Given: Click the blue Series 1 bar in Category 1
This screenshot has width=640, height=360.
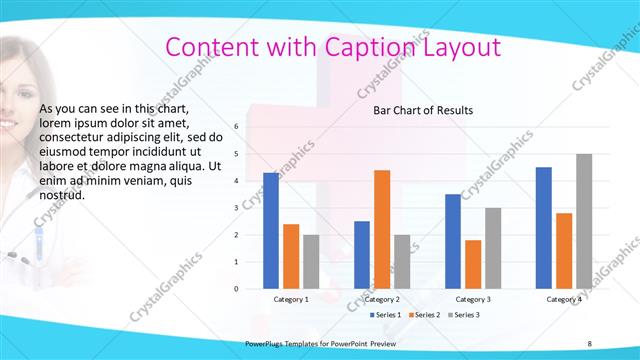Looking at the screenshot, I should pyautogui.click(x=271, y=230).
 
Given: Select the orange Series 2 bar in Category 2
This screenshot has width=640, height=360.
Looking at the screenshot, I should pyautogui.click(x=382, y=229).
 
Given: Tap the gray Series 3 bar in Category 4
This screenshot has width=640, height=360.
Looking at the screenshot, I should pyautogui.click(x=584, y=221).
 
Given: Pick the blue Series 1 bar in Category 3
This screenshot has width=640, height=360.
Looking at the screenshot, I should pyautogui.click(x=453, y=241).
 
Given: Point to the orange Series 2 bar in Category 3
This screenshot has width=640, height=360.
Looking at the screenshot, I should pyautogui.click(x=473, y=264).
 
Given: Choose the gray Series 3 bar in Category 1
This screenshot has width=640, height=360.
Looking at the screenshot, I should pyautogui.click(x=311, y=261).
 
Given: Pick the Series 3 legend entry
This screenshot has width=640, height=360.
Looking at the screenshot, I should pyautogui.click(x=466, y=315).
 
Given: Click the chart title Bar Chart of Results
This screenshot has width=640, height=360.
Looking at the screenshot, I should pyautogui.click(x=423, y=110).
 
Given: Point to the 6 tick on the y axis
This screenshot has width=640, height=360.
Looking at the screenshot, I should pyautogui.click(x=236, y=127).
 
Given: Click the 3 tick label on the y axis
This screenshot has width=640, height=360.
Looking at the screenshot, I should pyautogui.click(x=236, y=208).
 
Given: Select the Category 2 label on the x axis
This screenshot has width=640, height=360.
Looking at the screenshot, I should pyautogui.click(x=382, y=299).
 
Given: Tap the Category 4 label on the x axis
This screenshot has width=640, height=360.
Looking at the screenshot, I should pyautogui.click(x=564, y=299).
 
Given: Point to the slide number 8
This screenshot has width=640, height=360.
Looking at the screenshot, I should pyautogui.click(x=589, y=344).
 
